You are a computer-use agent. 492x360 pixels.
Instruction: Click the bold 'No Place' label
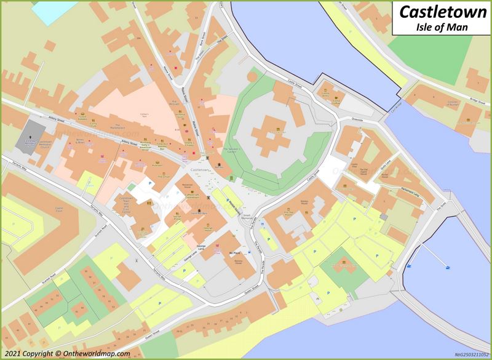[x=233, y=254]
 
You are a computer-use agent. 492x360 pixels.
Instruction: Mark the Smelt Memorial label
[x=247, y=217]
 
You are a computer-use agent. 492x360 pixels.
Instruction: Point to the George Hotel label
[x=209, y=229]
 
